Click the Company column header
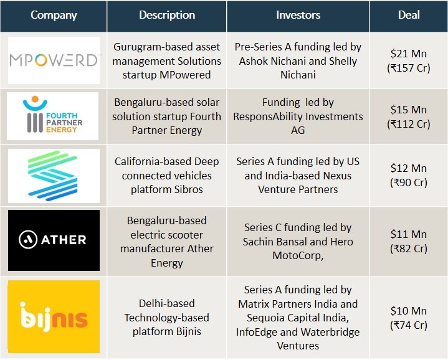point(54,15)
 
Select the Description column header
point(167,15)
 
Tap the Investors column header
point(298,15)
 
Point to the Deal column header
point(409,15)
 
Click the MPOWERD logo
point(54,60)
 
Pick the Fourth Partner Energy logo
point(52,116)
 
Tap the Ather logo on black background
point(54,240)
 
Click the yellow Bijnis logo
point(54,316)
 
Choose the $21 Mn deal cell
point(409,60)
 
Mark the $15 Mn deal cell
point(409,116)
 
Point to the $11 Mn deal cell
point(409,241)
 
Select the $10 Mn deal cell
point(409,318)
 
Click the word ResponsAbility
point(268,116)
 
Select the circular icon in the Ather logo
point(28,240)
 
